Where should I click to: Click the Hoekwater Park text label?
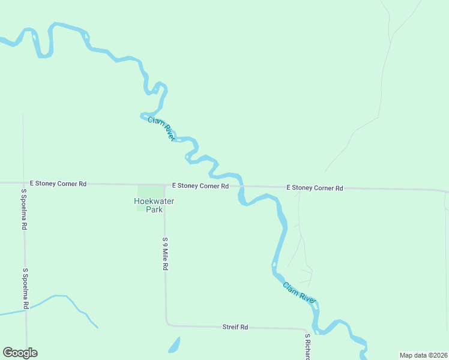coord(154,206)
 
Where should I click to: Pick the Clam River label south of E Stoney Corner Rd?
coord(300,292)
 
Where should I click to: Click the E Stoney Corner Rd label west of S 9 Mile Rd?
coord(58,184)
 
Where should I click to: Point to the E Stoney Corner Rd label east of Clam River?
coord(315,188)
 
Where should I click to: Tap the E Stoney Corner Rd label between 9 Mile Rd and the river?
coord(200,186)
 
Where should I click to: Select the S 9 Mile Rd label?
coord(164,254)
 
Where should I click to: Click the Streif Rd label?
coord(235,327)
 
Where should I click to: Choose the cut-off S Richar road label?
coord(307,347)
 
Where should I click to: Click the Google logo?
coord(20,353)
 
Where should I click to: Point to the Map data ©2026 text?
coord(424,355)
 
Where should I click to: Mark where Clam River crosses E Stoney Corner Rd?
coord(241,186)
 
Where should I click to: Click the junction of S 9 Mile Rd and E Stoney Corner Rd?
coord(164,185)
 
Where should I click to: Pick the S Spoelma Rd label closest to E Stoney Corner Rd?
coord(25,209)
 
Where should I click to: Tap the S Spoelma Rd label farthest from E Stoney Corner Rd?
coord(26,289)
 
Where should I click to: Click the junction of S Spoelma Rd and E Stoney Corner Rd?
coord(23,183)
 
